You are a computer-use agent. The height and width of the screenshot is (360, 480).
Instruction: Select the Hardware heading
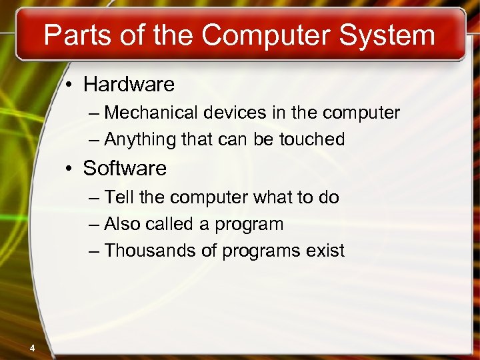click(129, 85)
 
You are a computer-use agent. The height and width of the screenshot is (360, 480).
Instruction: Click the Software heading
click(125, 169)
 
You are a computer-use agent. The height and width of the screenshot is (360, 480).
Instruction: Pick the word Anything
click(137, 140)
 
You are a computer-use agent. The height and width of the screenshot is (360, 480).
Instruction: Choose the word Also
click(121, 225)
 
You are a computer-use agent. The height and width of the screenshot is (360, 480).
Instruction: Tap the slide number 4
click(32, 347)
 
